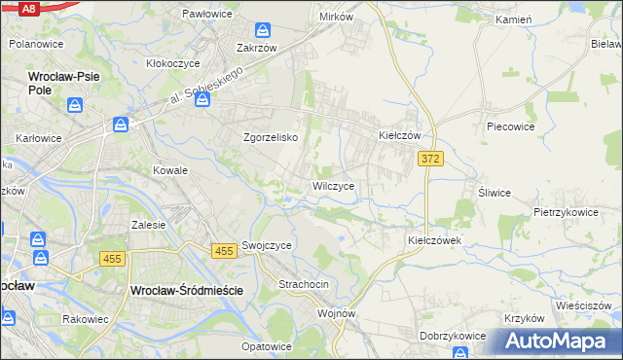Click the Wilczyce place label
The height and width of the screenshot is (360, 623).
(x=339, y=185)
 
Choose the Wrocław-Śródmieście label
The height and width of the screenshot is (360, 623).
(x=186, y=290)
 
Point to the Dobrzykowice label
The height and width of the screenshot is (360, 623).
(x=453, y=336)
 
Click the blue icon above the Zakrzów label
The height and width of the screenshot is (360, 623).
(x=260, y=31)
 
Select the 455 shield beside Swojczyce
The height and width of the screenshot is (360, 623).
(x=224, y=251)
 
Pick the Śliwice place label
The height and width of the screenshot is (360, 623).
(x=495, y=193)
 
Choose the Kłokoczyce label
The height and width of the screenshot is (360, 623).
(x=173, y=63)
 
